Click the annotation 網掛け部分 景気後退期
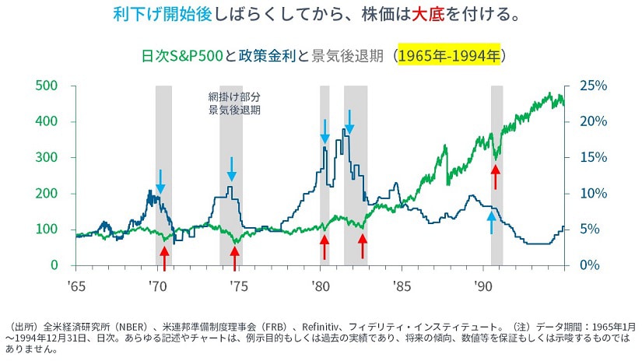(x=234, y=103)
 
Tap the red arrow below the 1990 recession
(x=495, y=176)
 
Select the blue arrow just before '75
(x=231, y=168)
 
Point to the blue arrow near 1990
(x=491, y=222)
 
